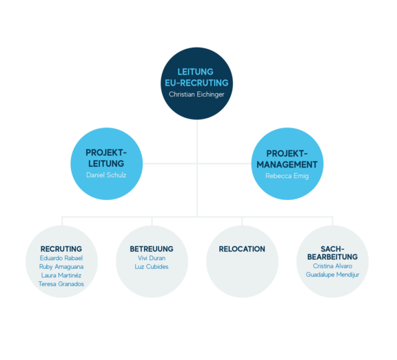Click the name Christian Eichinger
coord(196,94)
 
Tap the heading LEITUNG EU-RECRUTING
coord(196,77)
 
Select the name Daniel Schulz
coord(106,175)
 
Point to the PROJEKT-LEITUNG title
coord(106,158)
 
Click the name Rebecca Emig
coord(287,176)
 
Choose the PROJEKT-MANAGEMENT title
coord(287,159)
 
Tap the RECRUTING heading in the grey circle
coord(61,249)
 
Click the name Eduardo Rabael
coord(61,258)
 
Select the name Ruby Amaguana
coord(61,267)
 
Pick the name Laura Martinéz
coord(61,275)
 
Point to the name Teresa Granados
coord(61,283)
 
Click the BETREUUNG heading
coord(152,249)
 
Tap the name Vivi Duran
coord(152,258)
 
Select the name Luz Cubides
coord(152,266)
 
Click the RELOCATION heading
coord(242,249)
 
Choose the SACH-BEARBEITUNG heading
coord(332,253)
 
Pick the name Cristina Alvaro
coord(332,266)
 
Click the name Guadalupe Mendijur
coord(332,274)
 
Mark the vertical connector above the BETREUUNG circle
coord(152,221)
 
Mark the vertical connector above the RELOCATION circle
coord(242,221)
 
